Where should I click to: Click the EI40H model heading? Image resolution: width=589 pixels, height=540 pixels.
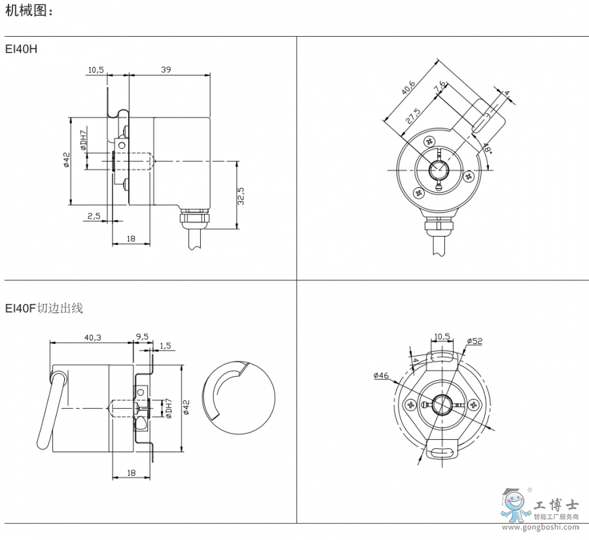[x=21, y=49]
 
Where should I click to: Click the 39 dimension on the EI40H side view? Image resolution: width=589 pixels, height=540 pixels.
[x=166, y=69]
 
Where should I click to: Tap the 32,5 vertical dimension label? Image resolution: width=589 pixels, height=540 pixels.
[x=241, y=196]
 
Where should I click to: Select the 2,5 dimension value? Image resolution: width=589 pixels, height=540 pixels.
[x=94, y=216]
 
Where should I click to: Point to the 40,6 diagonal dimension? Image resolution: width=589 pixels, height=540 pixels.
[x=408, y=88]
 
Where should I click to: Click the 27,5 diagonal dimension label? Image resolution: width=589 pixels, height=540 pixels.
[x=413, y=116]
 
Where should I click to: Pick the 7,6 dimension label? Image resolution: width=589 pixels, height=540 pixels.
[x=440, y=86]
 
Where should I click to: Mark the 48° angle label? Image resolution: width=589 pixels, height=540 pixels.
[x=487, y=148]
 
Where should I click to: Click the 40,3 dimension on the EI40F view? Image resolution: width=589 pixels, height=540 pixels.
[x=92, y=337]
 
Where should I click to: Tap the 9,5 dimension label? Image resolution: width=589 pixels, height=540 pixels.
[x=142, y=337]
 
